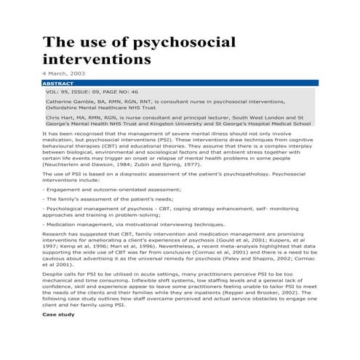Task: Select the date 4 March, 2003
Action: pos(64,75)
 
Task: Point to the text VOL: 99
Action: pos(59,92)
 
